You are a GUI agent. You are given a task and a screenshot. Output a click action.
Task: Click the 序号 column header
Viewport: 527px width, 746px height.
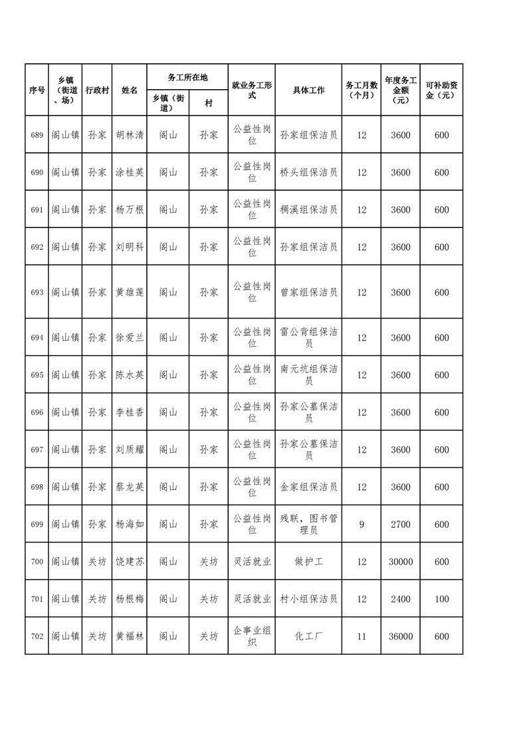coord(37,90)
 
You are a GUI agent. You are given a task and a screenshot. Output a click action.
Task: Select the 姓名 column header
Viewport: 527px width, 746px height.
coord(130,90)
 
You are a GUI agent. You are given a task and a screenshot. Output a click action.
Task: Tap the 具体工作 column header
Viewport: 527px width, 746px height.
coord(308,90)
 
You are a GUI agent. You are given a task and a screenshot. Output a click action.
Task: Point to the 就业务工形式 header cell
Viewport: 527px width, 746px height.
coord(252,90)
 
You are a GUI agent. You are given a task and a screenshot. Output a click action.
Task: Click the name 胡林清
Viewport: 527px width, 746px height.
coord(130,135)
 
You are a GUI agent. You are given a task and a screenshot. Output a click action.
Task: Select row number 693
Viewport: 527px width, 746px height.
coord(37,292)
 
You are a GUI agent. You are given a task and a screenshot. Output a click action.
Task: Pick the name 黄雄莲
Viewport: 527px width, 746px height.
coord(130,292)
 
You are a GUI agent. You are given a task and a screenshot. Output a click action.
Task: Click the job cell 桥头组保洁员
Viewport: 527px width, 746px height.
coord(308,172)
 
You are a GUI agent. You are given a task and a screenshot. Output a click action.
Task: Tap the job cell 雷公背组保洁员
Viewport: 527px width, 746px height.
coord(308,337)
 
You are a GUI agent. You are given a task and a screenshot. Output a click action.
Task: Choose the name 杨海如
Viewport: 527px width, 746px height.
coord(130,525)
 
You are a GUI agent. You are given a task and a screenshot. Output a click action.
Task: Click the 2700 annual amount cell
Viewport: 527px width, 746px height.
coord(401,525)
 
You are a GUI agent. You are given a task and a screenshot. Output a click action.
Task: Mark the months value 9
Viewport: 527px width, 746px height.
coord(362,525)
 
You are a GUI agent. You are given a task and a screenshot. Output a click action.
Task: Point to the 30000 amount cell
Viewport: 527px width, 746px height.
coord(401,562)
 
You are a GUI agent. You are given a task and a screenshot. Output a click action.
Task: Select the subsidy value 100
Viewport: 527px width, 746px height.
coord(441,599)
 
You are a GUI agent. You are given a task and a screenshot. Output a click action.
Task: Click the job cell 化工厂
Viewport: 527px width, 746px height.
coord(308,636)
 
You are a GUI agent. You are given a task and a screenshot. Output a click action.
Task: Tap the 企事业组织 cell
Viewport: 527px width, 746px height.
coord(252,636)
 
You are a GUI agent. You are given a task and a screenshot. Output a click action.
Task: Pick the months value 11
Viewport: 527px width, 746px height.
coord(362,636)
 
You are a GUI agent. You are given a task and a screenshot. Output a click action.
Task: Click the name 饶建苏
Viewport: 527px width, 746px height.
coord(130,562)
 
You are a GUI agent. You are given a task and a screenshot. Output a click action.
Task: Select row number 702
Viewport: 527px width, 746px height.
coord(37,636)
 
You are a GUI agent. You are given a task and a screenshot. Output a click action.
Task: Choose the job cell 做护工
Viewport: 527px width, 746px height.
coord(308,562)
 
